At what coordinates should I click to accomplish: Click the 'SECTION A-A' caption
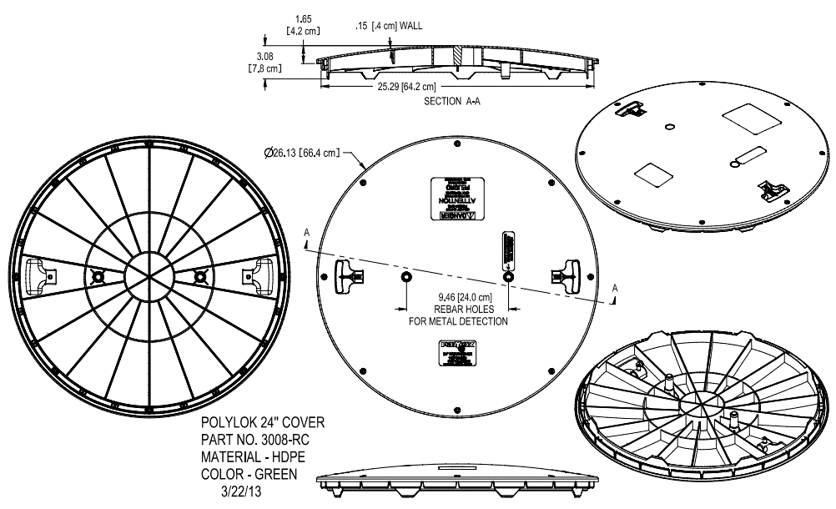click(452, 102)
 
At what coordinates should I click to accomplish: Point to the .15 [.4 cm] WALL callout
click(388, 27)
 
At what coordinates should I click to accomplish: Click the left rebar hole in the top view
click(405, 276)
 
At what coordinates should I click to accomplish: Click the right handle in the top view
click(569, 275)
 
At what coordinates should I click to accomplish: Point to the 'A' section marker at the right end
click(615, 288)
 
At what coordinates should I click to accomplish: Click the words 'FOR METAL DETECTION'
click(457, 321)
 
